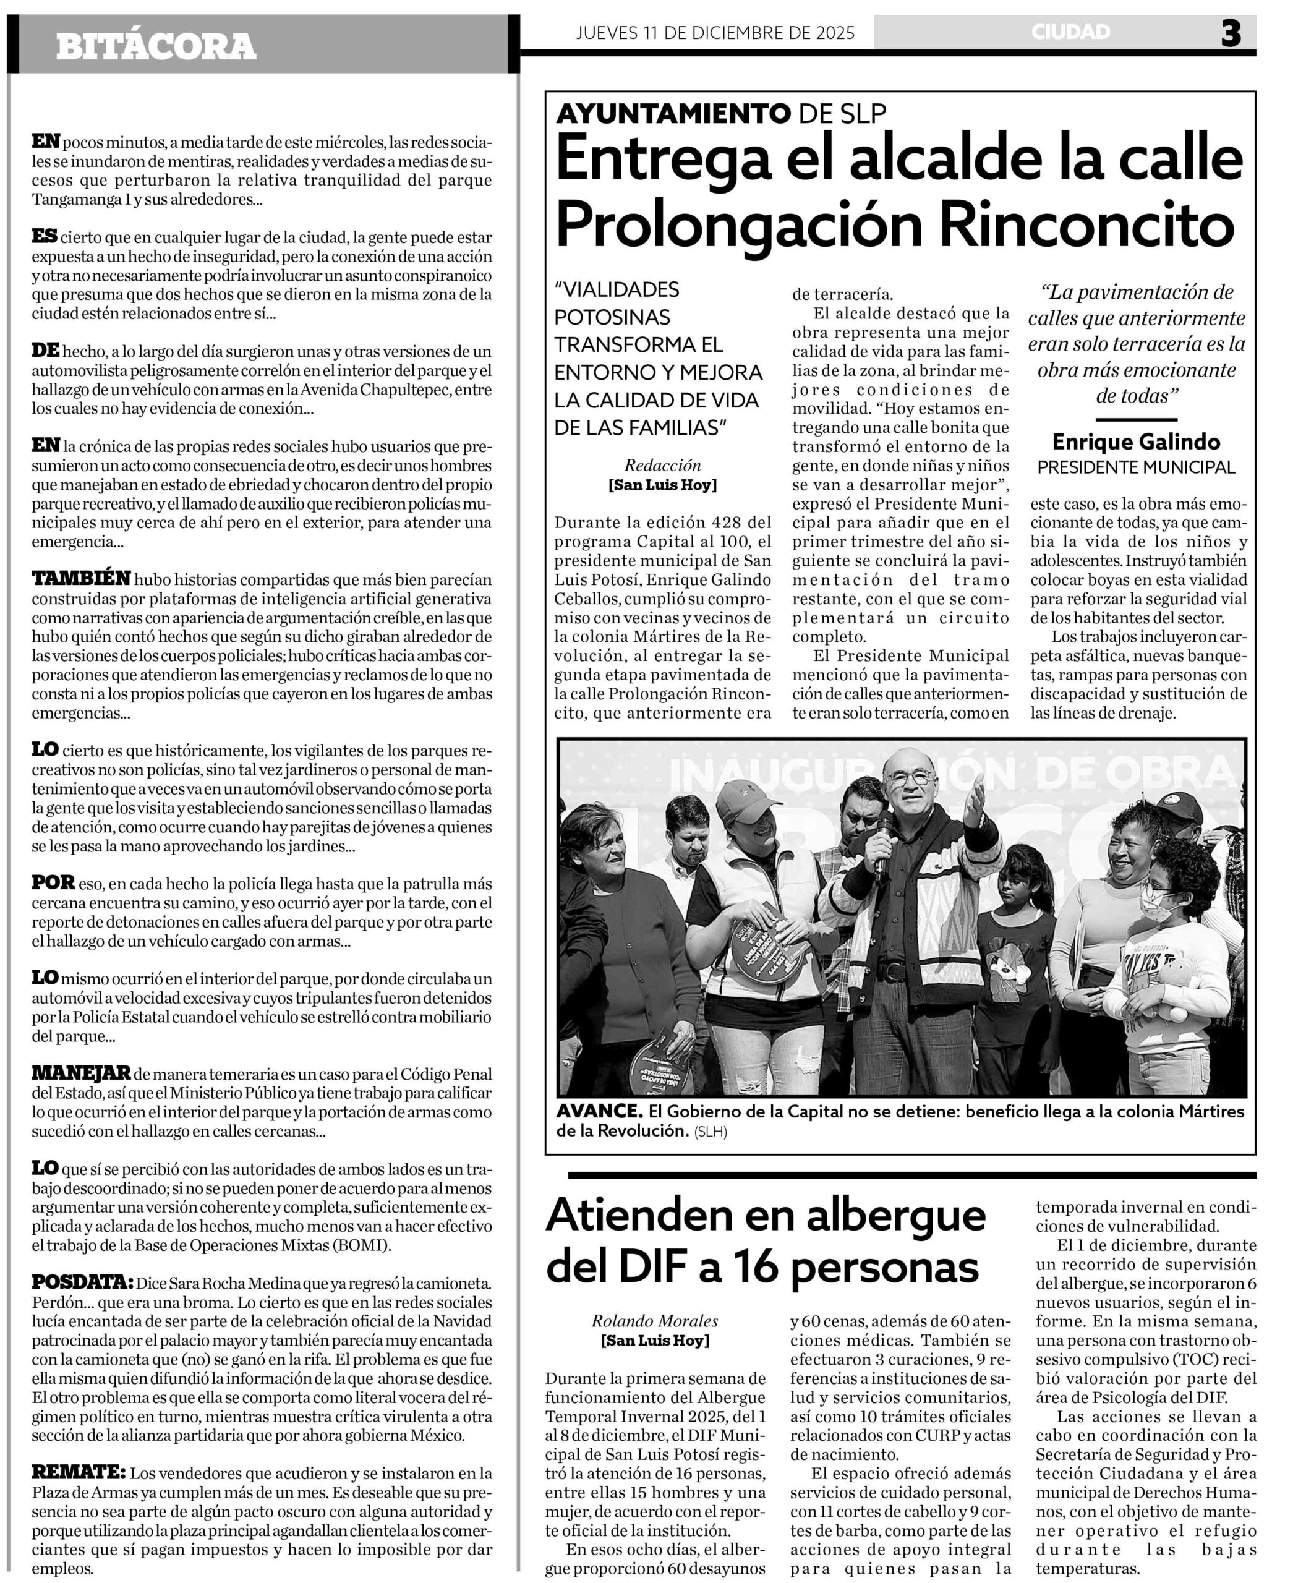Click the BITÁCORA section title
156,46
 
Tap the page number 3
1231,33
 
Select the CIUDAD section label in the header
1070,32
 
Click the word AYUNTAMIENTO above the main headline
673,113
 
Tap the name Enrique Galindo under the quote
1136,441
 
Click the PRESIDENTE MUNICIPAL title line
1136,467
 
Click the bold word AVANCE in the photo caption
599,1111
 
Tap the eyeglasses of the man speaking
910,779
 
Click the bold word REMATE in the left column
79,1472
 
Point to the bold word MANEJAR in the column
81,1072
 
